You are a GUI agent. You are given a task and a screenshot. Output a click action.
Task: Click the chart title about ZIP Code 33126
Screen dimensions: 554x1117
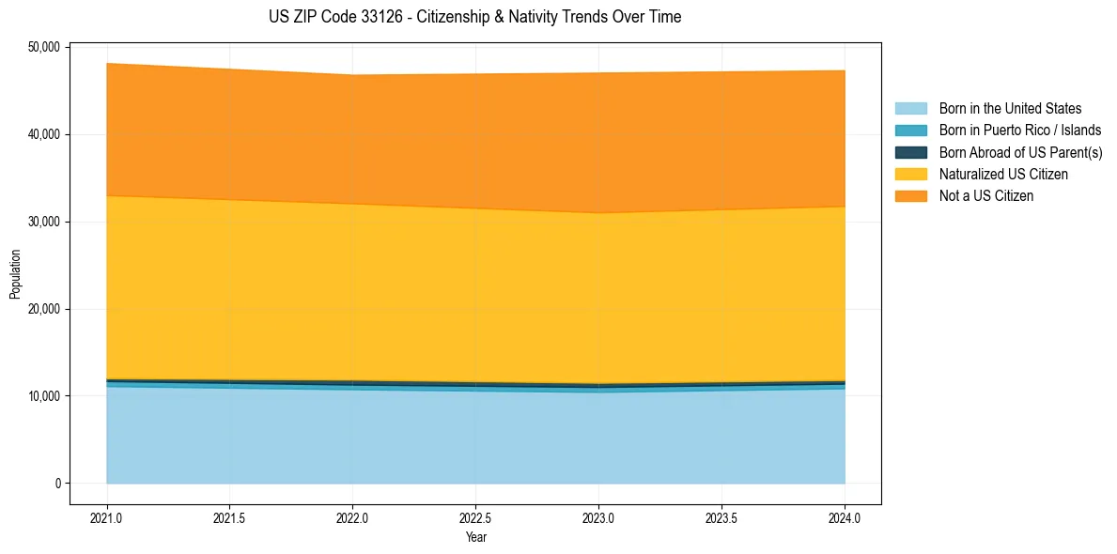point(474,17)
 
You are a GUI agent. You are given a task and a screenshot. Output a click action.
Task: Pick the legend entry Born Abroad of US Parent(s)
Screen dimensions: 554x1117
point(1020,152)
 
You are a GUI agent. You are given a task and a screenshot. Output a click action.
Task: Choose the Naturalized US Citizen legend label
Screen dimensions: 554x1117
point(1002,175)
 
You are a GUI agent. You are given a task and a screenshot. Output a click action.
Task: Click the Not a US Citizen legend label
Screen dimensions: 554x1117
point(985,196)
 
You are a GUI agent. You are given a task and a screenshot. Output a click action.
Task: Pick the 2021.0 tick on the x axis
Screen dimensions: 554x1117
point(106,517)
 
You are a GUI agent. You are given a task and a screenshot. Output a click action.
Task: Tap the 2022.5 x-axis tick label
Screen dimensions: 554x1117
point(475,517)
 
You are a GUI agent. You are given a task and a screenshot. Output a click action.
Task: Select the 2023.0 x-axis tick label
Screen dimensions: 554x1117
point(598,517)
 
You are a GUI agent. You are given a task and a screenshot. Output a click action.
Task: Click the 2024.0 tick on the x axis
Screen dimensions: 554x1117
point(845,517)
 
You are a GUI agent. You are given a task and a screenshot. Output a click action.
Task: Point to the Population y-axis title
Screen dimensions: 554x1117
point(15,274)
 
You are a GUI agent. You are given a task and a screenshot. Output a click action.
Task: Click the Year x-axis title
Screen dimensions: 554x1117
point(475,537)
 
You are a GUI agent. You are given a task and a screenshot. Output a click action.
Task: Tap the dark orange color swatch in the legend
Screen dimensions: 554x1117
point(910,196)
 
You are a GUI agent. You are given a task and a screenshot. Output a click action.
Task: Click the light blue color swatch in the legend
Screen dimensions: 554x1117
point(910,109)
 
